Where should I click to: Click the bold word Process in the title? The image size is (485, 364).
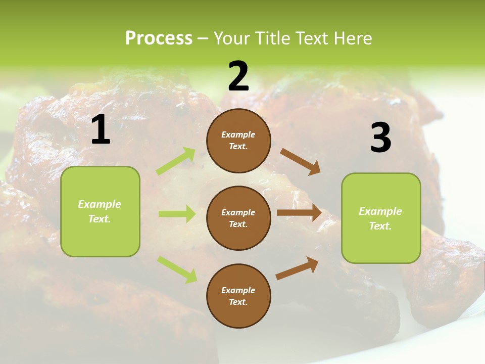pyautogui.click(x=159, y=38)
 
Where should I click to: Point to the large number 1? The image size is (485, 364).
pyautogui.click(x=101, y=130)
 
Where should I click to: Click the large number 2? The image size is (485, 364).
pyautogui.click(x=238, y=76)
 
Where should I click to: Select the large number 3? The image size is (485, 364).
pyautogui.click(x=380, y=138)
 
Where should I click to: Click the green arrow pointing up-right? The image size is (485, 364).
pyautogui.click(x=176, y=161)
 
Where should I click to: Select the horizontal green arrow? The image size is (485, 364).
pyautogui.click(x=177, y=214)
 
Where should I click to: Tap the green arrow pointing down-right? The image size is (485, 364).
pyautogui.click(x=177, y=269)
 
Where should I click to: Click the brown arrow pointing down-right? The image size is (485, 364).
pyautogui.click(x=301, y=162)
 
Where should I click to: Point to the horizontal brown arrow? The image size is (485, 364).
pyautogui.click(x=299, y=213)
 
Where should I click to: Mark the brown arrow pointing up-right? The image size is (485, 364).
pyautogui.click(x=297, y=268)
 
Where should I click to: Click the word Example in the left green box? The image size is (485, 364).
pyautogui.click(x=100, y=204)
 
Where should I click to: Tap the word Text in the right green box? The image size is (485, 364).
pyautogui.click(x=380, y=226)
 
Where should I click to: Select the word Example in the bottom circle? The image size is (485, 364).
pyautogui.click(x=238, y=290)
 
